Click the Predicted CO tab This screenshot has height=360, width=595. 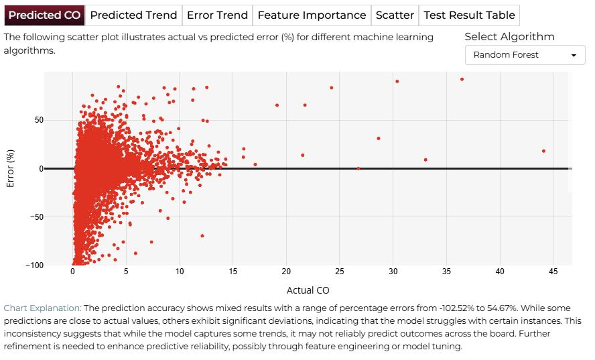(44, 15)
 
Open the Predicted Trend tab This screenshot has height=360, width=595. (133, 15)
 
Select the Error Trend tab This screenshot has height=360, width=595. (218, 15)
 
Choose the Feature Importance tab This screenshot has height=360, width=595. (312, 15)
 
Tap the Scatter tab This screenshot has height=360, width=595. (395, 15)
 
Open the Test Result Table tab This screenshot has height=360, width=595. (470, 15)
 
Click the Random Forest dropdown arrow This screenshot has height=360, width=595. (574, 56)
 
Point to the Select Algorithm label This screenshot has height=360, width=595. (510, 37)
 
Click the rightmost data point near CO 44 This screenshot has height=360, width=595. (544, 151)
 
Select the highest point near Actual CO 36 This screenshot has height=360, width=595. (462, 79)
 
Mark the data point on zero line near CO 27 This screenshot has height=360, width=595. (358, 169)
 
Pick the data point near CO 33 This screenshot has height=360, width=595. (425, 160)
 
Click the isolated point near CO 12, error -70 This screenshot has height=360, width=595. (202, 236)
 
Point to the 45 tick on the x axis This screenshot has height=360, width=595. (553, 272)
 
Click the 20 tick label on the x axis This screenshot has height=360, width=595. (286, 272)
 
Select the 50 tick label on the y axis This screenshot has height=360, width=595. (39, 121)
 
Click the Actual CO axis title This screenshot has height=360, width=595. (308, 290)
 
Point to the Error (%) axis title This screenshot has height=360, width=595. (10, 169)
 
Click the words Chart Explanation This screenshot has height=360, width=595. (42, 308)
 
